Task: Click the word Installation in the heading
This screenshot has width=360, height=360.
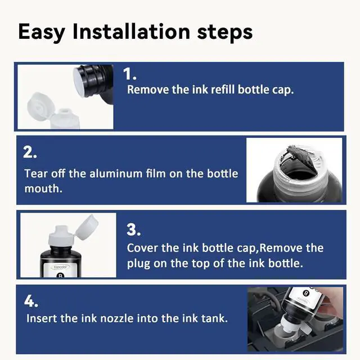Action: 131,32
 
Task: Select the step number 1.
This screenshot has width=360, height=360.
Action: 130,74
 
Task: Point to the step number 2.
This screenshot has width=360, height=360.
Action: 30,152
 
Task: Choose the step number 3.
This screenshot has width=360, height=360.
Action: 133,230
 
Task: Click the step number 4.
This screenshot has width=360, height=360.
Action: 31,301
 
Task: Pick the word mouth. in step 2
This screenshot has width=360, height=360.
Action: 43,189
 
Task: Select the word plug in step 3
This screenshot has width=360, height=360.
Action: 138,264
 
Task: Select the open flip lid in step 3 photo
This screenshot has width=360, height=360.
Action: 87,227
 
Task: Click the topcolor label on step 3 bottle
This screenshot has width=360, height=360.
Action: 61,267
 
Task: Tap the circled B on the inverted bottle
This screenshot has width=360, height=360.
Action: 305,293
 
